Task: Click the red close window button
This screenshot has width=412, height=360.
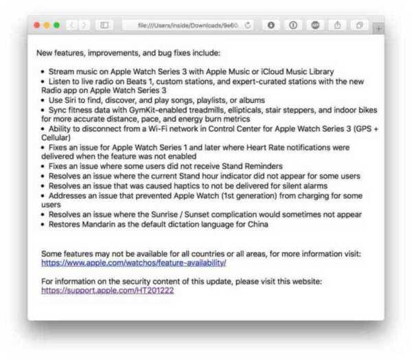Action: (36, 25)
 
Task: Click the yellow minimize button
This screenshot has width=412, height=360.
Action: (47, 25)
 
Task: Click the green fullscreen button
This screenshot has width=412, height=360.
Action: (56, 25)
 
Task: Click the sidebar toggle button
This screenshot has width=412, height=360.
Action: (104, 25)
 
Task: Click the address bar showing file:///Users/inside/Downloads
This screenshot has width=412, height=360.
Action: (186, 25)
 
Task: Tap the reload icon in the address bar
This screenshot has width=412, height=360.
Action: (248, 25)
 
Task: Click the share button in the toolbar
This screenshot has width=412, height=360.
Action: (337, 25)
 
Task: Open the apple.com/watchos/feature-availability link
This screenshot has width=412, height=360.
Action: (133, 262)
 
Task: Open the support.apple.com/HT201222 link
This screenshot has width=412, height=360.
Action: (107, 290)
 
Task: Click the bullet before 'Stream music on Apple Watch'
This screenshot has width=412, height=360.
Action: (43, 71)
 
